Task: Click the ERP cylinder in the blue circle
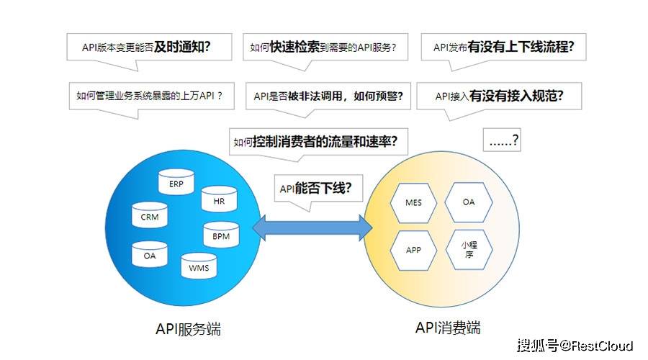[x=176, y=182]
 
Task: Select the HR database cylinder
[x=219, y=199]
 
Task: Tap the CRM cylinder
[x=150, y=215]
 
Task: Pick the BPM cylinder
[x=221, y=234]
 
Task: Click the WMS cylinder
[x=199, y=266]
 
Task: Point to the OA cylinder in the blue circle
[x=150, y=254]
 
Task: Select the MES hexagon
[x=413, y=202]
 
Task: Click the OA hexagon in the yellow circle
[x=469, y=202]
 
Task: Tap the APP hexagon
[x=413, y=250]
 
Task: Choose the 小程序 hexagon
[x=469, y=250]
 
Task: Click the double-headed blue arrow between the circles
[x=312, y=228]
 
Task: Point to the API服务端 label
[x=188, y=329]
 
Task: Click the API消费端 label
[x=448, y=328]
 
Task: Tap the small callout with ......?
[x=502, y=140]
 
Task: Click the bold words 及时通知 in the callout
[x=182, y=47]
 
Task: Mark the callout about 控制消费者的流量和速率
[x=318, y=142]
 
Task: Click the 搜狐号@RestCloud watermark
[x=575, y=346]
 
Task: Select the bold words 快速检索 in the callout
[x=294, y=47]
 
